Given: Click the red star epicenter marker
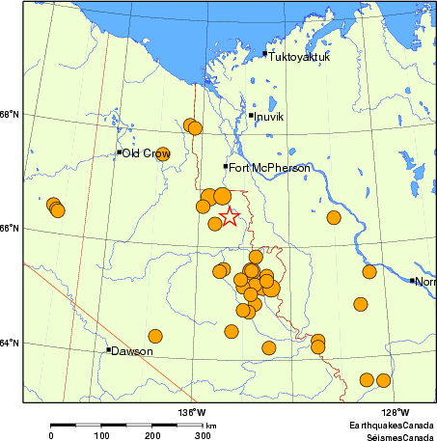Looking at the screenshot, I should point(229,216).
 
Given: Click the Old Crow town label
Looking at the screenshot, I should point(146,152).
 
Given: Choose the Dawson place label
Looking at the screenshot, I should point(132,351).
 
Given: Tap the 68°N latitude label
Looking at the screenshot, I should point(9,115).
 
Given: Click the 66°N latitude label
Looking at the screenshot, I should point(9,229).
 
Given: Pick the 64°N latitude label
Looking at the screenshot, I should point(9,343).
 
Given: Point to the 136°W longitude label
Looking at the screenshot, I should point(191,413).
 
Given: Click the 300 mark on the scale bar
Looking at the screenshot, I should point(204,436).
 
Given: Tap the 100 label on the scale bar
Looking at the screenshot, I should point(101,436).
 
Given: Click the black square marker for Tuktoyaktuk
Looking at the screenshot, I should point(265,53).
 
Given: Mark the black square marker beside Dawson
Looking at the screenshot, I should point(109,349).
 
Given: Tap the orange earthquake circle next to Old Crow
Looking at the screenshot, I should point(163,153).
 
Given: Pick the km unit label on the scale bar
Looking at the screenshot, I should point(210,426).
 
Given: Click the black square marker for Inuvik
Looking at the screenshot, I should point(251,116).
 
